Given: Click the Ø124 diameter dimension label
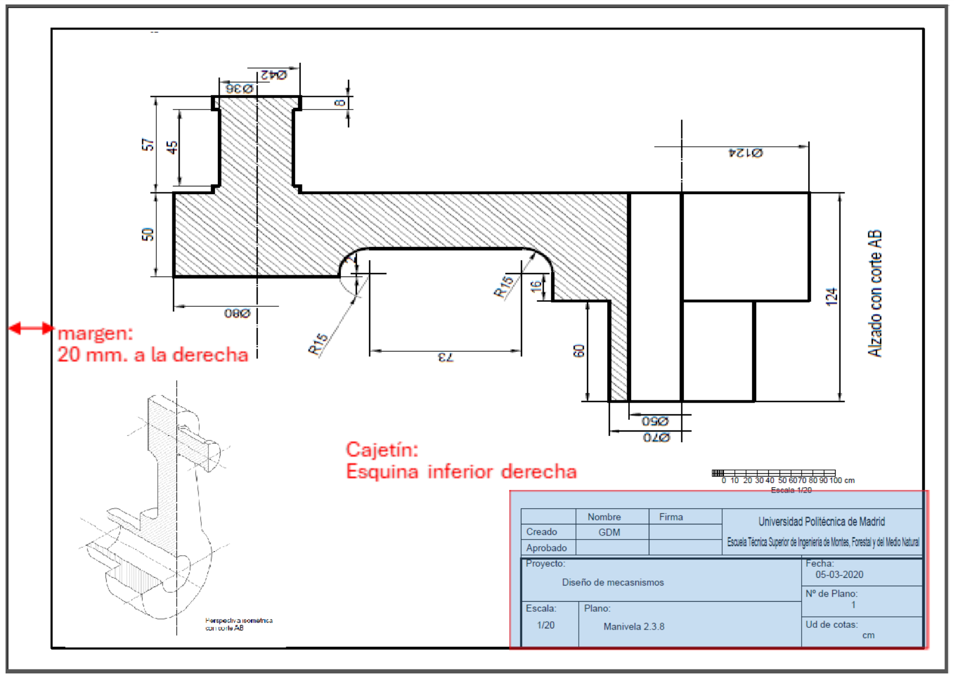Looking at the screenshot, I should click(746, 152).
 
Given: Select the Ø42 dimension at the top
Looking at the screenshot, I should click(274, 75).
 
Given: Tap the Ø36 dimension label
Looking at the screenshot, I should click(239, 88).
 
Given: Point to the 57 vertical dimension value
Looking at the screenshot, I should click(147, 145).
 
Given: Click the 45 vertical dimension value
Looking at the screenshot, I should click(172, 147).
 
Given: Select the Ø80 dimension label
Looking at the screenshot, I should click(237, 314).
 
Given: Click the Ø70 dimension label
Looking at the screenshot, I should click(656, 438).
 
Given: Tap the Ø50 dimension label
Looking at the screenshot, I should click(655, 421).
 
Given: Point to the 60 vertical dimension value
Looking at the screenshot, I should click(579, 351).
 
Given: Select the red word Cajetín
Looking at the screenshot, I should click(382, 449).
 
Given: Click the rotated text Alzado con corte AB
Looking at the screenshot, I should click(874, 293).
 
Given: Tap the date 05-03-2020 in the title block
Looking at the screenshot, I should click(839, 574).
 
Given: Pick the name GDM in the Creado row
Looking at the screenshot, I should click(609, 532).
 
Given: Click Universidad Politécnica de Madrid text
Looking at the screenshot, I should click(821, 522).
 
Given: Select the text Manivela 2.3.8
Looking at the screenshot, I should click(634, 626).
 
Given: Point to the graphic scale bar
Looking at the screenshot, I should click(773, 473).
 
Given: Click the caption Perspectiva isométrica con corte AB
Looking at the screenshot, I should click(238, 624).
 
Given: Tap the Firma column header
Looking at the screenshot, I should click(670, 517).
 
